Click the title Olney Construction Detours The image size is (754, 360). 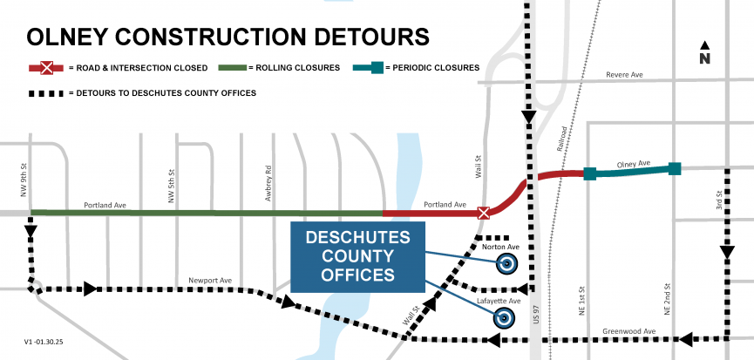[228, 37]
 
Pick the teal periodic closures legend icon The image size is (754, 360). [376, 67]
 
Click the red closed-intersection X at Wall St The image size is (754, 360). [484, 212]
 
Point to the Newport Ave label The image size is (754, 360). [210, 281]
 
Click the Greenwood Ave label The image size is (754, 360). [623, 331]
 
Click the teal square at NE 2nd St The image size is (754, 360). [674, 168]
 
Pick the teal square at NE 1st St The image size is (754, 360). [590, 173]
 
